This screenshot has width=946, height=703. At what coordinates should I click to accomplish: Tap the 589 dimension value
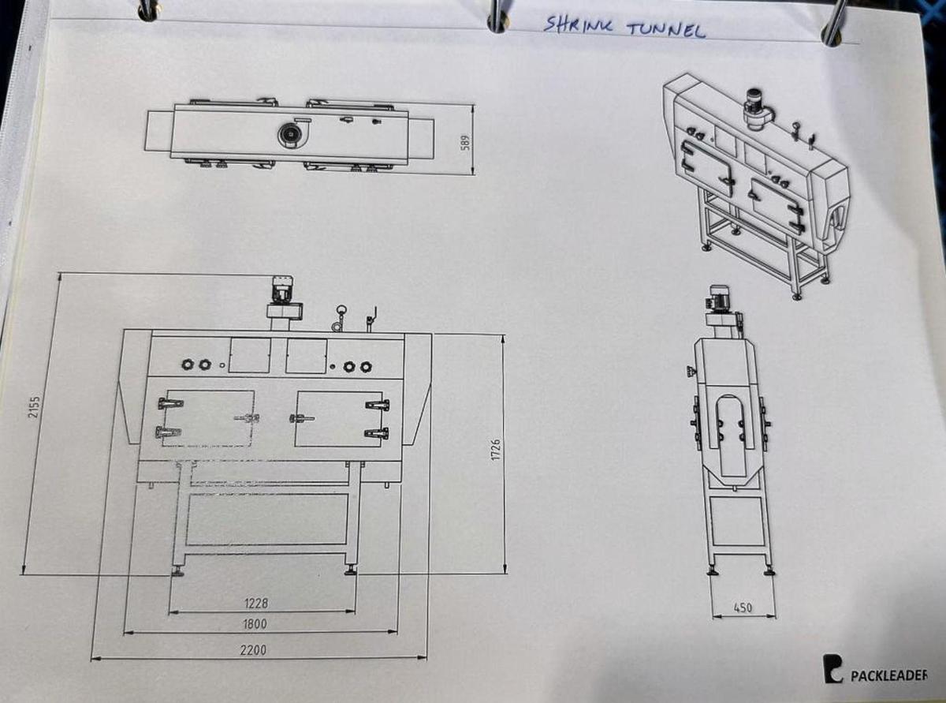[465, 141]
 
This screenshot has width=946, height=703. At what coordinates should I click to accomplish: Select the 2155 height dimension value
[34, 408]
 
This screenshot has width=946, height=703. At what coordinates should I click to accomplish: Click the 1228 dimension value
[255, 604]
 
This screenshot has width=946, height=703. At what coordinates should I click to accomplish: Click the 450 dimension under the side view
[741, 608]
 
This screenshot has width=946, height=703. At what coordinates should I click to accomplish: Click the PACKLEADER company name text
[889, 676]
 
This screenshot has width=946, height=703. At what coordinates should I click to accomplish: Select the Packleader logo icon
[832, 668]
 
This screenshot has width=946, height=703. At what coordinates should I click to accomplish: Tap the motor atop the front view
[281, 290]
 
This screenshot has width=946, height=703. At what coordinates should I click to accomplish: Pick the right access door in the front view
[339, 418]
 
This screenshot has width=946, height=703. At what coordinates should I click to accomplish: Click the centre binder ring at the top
[496, 17]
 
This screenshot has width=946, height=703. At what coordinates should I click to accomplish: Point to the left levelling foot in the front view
[177, 571]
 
